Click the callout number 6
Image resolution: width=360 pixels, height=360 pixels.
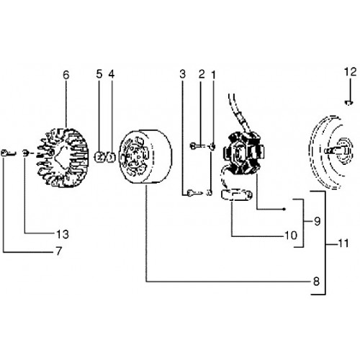[x=66, y=75]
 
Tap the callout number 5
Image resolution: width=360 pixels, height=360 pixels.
[x=99, y=74]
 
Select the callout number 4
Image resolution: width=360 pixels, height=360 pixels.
[x=112, y=74]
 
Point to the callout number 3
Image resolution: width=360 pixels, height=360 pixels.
[x=183, y=74]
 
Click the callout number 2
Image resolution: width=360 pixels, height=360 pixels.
[x=202, y=74]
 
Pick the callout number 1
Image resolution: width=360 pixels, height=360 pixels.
[x=213, y=75]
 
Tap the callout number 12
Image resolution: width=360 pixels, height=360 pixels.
[x=351, y=71]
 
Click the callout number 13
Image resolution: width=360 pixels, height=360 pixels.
[x=63, y=234]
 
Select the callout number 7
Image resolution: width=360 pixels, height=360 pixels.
[x=59, y=251]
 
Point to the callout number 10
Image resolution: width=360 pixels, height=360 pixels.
[x=291, y=235]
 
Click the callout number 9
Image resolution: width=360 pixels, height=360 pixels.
[x=318, y=221]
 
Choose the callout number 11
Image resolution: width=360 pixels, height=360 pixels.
[x=343, y=243]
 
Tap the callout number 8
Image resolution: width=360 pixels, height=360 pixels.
[x=317, y=281]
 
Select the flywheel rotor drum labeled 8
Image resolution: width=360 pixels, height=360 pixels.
[x=145, y=157]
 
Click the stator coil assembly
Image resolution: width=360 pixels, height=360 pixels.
[x=243, y=153]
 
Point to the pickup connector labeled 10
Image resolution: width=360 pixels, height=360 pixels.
[x=237, y=194]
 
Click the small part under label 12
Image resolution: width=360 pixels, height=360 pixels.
[x=348, y=103]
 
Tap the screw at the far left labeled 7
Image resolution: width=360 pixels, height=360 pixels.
[x=8, y=153]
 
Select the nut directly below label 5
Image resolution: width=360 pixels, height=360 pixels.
[x=100, y=157]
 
